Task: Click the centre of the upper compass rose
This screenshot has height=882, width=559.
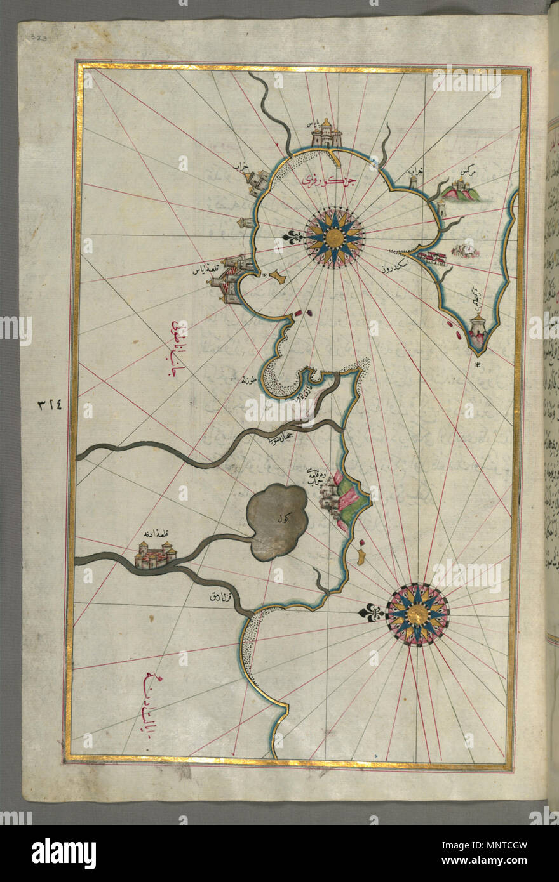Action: pyautogui.click(x=334, y=238)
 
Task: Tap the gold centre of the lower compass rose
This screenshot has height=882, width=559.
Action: pyautogui.click(x=417, y=614)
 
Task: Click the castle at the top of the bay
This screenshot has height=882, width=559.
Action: pyautogui.click(x=327, y=134)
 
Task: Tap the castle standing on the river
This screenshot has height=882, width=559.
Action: pyautogui.click(x=155, y=555)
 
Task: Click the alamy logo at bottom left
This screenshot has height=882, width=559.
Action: pyautogui.click(x=64, y=853)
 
